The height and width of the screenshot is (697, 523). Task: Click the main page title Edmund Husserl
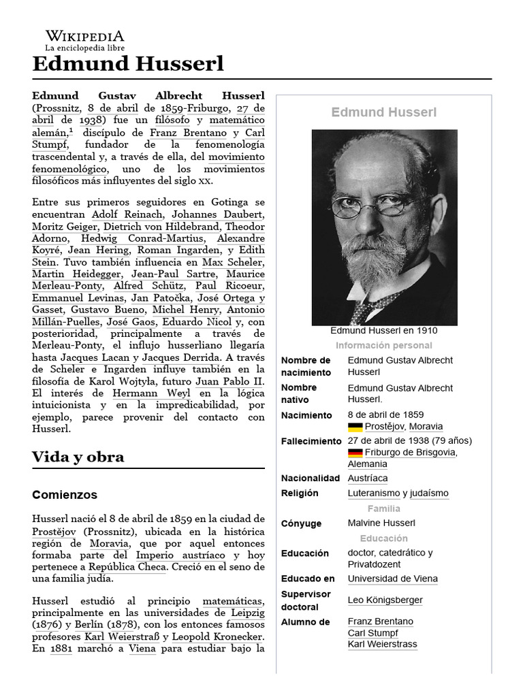tap(127, 65)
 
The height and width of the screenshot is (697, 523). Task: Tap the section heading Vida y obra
tap(78, 457)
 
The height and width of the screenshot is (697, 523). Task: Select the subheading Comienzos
tap(65, 495)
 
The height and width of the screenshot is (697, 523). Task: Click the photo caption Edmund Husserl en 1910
tap(384, 331)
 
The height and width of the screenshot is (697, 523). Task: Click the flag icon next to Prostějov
tap(355, 427)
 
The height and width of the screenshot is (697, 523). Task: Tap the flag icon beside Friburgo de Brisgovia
tap(355, 453)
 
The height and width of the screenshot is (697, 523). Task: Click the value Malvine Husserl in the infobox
tap(381, 523)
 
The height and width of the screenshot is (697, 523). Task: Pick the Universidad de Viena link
tap(392, 579)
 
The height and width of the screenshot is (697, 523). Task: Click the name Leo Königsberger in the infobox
tap(385, 600)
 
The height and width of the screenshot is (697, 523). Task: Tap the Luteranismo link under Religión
tap(373, 493)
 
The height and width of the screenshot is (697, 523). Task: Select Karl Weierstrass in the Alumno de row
tap(382, 645)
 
